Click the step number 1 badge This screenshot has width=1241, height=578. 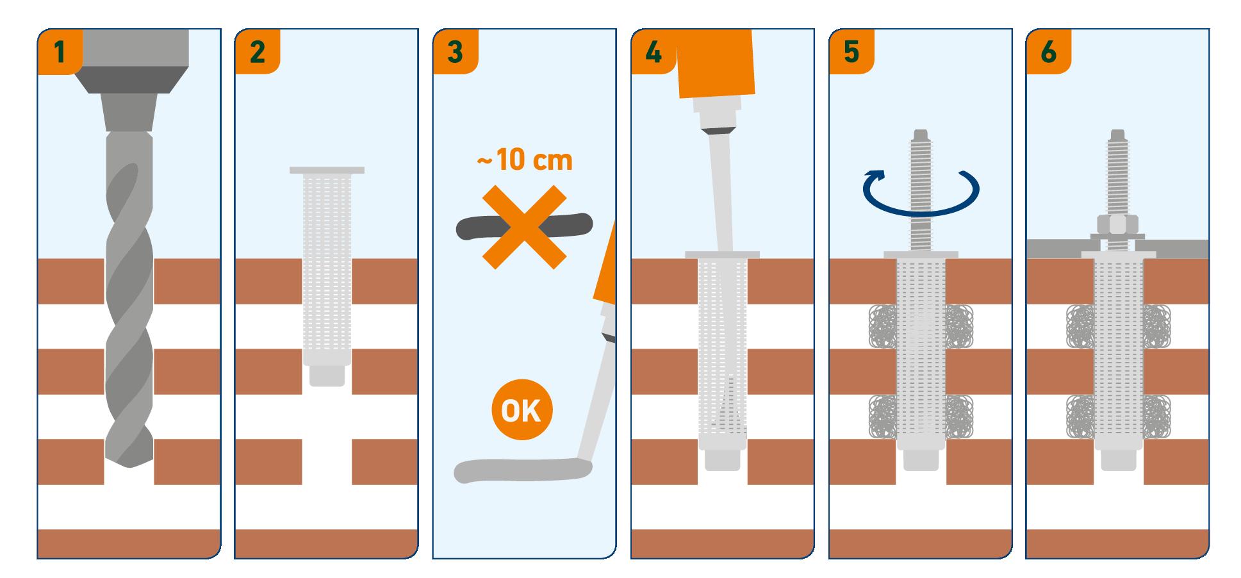pyautogui.click(x=60, y=51)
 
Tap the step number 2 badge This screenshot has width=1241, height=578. pyautogui.click(x=257, y=51)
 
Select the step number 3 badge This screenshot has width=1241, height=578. pyautogui.click(x=455, y=51)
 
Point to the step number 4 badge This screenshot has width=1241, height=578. pyautogui.click(x=653, y=51)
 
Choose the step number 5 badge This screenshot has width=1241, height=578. pyautogui.click(x=851, y=51)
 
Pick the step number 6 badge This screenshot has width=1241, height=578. pyautogui.click(x=1048, y=51)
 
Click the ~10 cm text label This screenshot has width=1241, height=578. pyautogui.click(x=524, y=160)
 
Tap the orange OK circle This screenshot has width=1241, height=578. pyautogui.click(x=522, y=409)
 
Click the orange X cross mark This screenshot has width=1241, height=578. pyautogui.click(x=524, y=227)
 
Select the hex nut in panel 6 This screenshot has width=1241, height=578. pyautogui.click(x=1118, y=225)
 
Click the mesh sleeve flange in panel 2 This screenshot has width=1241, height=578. pyautogui.click(x=327, y=170)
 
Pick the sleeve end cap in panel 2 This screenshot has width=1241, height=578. pyautogui.click(x=327, y=375)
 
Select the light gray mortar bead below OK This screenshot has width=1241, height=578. pyautogui.click(x=522, y=471)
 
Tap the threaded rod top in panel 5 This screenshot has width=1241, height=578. pyautogui.click(x=921, y=137)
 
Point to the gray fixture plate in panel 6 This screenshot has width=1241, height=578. pyautogui.click(x=1118, y=249)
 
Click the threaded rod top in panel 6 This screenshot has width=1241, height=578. pyautogui.click(x=1118, y=137)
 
